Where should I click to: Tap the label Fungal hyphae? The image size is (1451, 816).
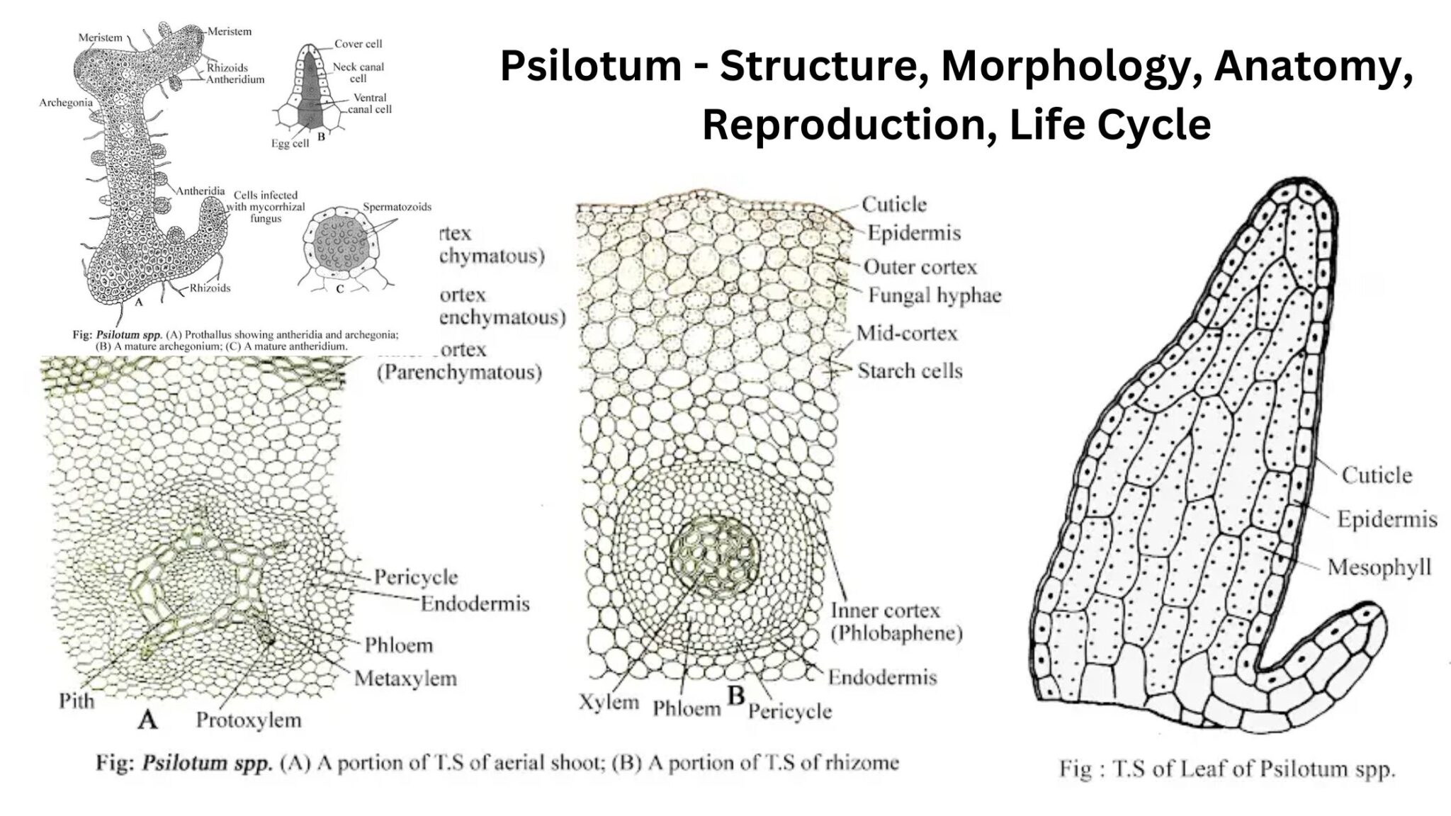coord(935,295)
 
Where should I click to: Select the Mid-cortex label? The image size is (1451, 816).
coord(907,333)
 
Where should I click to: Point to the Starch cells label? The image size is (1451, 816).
coord(910,370)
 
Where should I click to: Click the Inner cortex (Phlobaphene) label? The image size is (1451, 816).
coord(896,621)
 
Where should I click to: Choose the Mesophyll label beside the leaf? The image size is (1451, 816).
coord(1379,567)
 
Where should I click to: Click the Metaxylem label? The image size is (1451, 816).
coord(405,679)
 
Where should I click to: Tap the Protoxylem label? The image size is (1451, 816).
coord(249,720)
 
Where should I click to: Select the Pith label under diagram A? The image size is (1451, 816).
coord(77,701)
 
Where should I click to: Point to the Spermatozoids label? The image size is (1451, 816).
coord(397,208)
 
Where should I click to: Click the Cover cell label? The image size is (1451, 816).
coord(358,44)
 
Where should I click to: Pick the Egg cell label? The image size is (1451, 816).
coord(290,144)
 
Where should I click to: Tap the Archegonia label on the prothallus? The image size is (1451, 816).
coord(65,103)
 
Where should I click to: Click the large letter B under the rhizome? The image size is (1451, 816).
coord(736,696)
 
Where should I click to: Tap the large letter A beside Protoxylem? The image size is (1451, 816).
coord(147,720)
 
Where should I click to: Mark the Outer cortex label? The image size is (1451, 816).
coord(920,267)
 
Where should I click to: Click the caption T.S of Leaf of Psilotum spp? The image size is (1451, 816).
coord(1226,769)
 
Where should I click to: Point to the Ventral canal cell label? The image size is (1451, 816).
coord(369,103)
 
